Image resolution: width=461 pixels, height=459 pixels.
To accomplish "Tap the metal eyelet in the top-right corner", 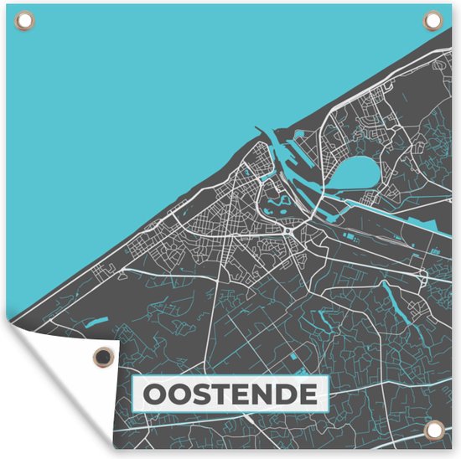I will pyautogui.click(x=433, y=18).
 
